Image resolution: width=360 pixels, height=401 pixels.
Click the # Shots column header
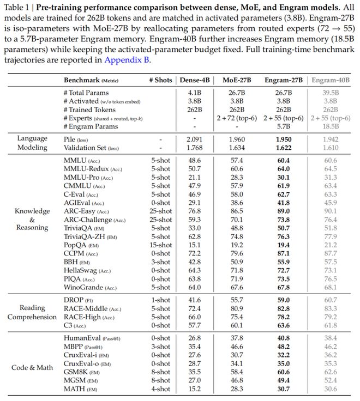click(x=160, y=80)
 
